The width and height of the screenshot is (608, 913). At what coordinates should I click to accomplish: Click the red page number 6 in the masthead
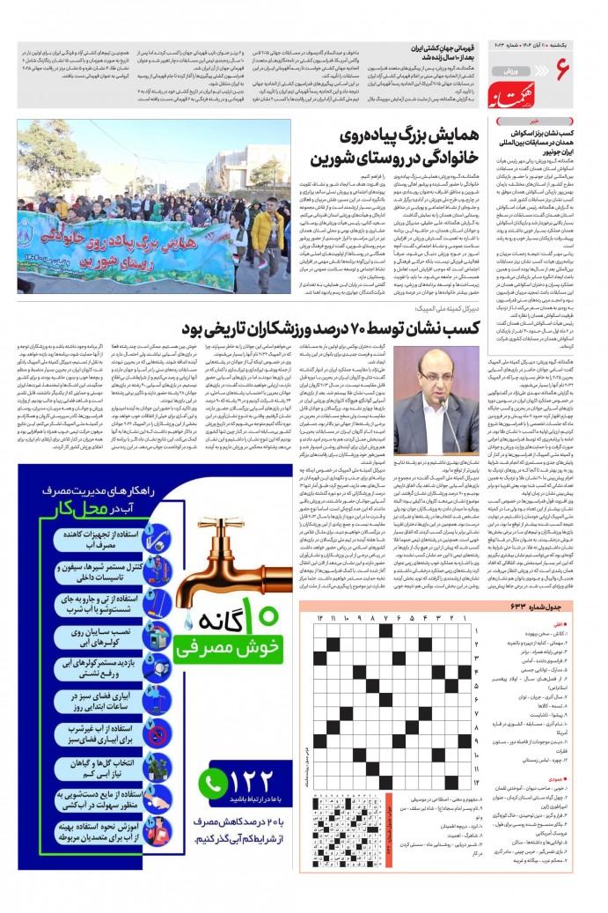pos(564,68)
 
